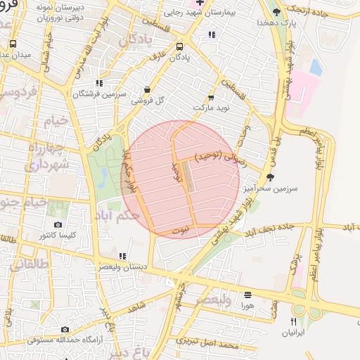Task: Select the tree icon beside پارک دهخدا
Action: point(277,11)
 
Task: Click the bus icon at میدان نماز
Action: point(13,44)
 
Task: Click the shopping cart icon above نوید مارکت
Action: point(210,98)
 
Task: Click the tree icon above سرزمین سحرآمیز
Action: point(270,177)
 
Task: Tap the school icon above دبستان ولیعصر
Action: point(122,256)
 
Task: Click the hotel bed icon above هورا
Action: point(247,295)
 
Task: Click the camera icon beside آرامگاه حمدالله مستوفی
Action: point(65,329)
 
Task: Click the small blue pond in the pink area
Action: point(316,67)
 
